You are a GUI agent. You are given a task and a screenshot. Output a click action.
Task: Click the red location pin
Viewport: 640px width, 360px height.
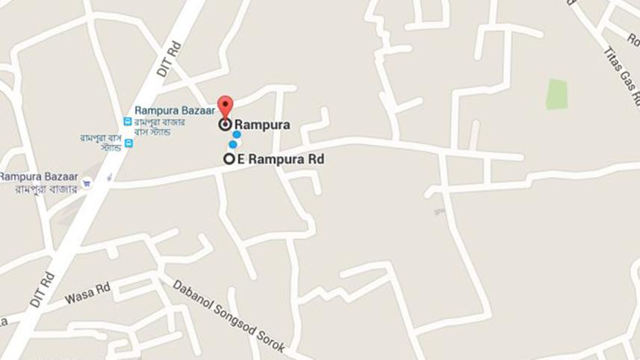click(x=225, y=107)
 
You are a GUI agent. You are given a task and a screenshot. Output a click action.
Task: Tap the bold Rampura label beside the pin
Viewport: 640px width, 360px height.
click(x=262, y=125)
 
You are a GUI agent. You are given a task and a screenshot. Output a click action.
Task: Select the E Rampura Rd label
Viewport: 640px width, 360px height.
click(x=281, y=159)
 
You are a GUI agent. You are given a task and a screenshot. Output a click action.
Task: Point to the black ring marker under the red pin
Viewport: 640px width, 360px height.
click(x=225, y=125)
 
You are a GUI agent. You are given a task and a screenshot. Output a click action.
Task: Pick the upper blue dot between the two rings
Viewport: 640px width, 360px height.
click(x=237, y=135)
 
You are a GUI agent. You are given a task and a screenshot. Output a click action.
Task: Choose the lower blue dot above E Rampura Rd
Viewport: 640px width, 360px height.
click(x=233, y=144)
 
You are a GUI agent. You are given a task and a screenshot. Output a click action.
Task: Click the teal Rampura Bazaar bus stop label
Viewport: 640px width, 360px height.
click(x=175, y=111)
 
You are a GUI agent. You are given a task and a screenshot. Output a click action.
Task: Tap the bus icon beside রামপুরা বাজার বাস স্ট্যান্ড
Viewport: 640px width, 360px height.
click(x=127, y=121)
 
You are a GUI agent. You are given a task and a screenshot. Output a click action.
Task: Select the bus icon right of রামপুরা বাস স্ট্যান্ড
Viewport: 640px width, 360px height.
click(x=128, y=143)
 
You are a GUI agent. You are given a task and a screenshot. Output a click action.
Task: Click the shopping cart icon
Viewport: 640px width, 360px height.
click(x=87, y=182)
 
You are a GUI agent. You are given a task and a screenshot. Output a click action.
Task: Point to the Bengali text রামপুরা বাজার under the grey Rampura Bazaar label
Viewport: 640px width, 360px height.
click(x=46, y=189)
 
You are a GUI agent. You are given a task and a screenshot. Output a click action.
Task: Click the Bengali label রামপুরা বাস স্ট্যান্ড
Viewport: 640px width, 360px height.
click(x=101, y=142)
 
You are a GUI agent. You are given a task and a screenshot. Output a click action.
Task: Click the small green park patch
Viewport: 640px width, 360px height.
click(x=556, y=94)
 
